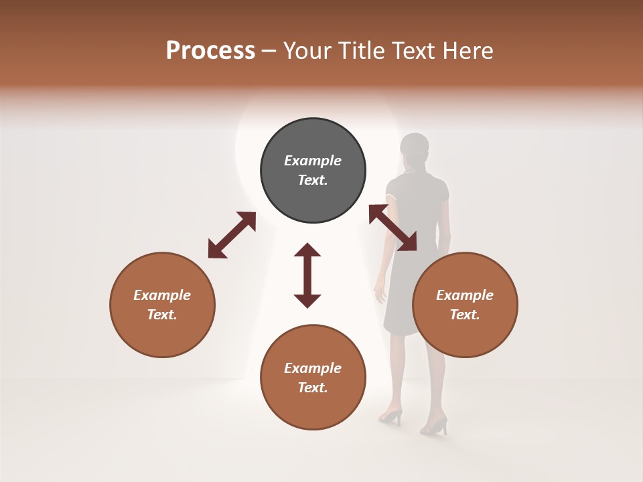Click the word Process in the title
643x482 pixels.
coord(210,51)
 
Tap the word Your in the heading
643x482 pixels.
coord(307,51)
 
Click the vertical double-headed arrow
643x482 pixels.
coord(307,275)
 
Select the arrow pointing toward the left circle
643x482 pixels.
coord(232,235)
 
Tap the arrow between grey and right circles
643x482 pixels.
coord(392,228)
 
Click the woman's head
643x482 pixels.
coord(415,149)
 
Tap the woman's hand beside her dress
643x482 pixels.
coord(381,293)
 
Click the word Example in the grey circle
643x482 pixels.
coord(313,161)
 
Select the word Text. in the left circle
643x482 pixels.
coord(162,315)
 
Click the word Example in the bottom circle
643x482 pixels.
coord(313,368)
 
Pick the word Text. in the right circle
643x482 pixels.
coord(465,315)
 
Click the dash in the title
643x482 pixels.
coord(269,52)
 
